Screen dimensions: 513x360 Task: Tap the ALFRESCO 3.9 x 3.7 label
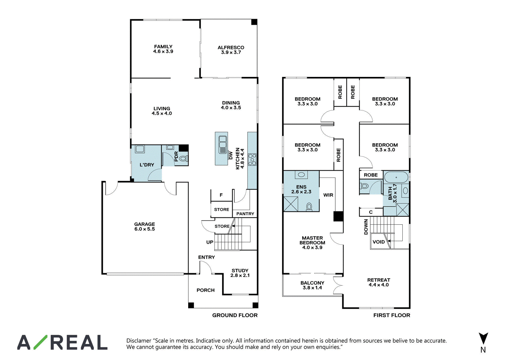coord(231,50)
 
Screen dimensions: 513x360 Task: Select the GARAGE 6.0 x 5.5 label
coord(145,227)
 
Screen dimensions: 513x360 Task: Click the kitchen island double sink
coord(223,145)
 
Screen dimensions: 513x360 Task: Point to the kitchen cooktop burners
coord(252,159)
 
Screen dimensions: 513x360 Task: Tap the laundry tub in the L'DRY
coord(139,149)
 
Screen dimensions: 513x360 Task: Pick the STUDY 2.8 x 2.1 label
coord(240,273)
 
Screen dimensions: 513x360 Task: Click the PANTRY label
coord(245,214)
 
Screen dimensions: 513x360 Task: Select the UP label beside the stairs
coord(210,242)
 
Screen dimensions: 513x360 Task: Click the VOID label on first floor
coord(379,242)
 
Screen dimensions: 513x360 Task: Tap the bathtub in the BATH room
coord(396,177)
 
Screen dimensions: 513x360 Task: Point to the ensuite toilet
coord(309,207)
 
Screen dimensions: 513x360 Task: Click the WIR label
coord(328,195)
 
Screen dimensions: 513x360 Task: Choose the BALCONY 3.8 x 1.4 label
coord(312,285)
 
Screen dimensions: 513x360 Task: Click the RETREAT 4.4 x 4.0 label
coord(379,282)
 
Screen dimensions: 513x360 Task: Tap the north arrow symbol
coord(483,339)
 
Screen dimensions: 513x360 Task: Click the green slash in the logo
coord(40,342)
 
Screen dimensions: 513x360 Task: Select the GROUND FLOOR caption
coord(235,315)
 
